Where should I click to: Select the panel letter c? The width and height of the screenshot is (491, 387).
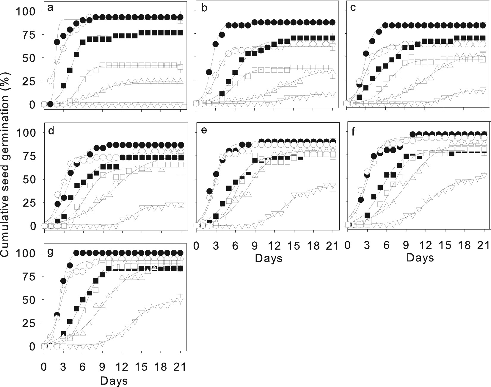pos(353,8)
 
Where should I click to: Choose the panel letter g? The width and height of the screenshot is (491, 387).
pos(51,252)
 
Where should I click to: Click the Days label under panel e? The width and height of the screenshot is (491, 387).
pos(268,258)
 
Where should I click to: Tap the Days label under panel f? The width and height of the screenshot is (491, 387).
pos(420,258)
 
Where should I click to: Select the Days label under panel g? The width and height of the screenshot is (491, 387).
pos(114,381)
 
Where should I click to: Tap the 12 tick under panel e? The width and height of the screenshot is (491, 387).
pos(274,246)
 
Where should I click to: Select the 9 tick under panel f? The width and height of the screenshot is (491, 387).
pos(406,246)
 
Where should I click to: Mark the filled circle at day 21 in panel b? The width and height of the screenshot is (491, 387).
pos(332,23)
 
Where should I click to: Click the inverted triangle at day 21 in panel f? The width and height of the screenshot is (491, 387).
pos(484,175)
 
